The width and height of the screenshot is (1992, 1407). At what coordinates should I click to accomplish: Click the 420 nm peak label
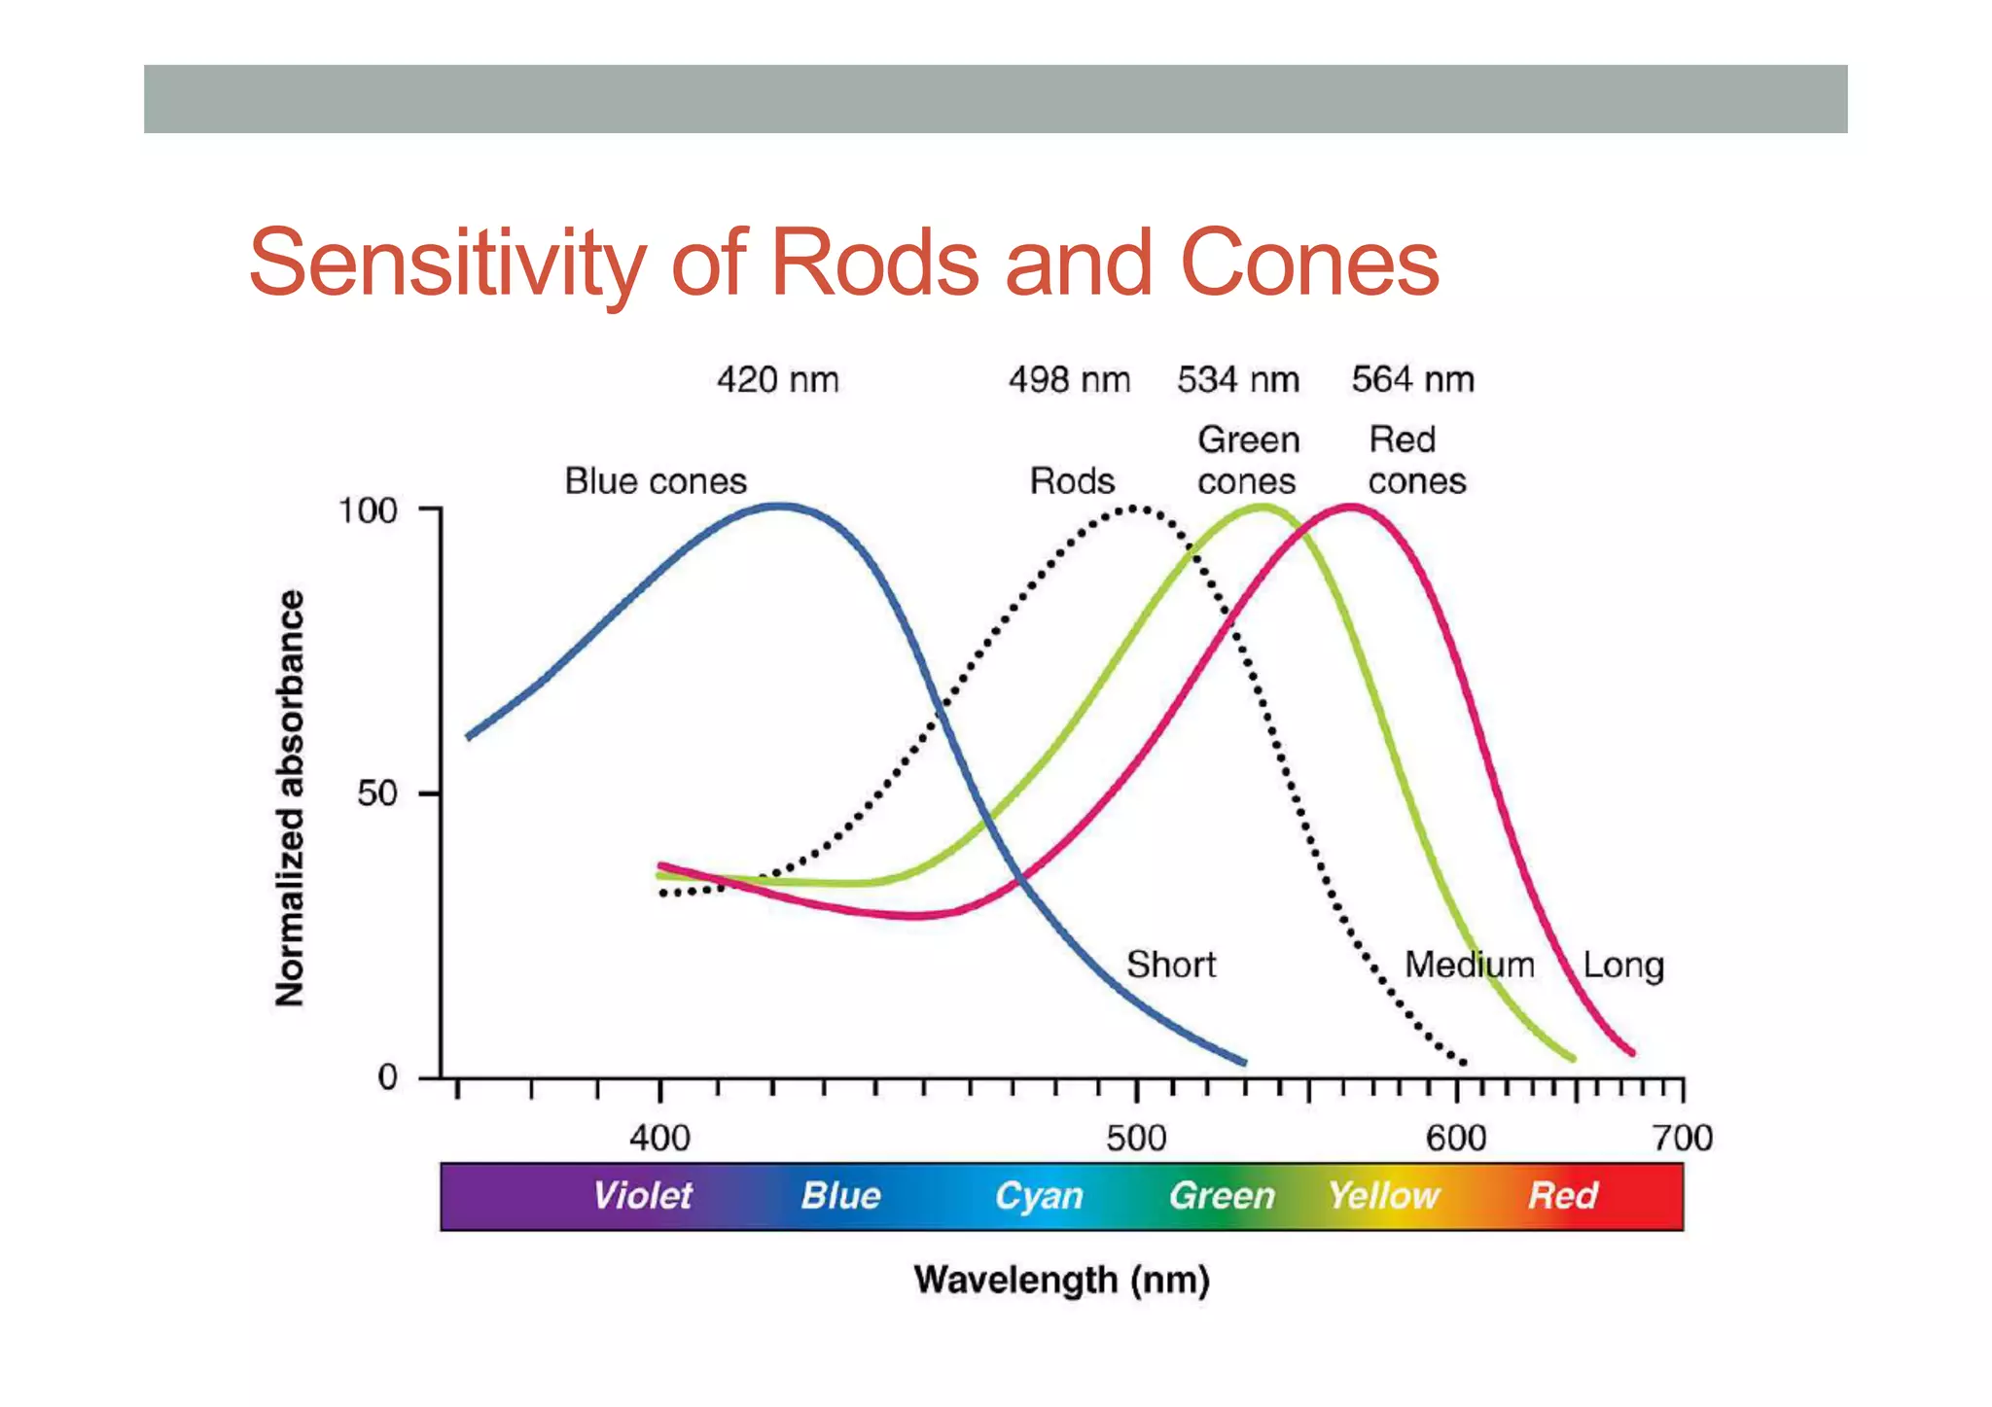pos(777,380)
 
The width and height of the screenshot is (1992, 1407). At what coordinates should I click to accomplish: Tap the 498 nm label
pos(1069,380)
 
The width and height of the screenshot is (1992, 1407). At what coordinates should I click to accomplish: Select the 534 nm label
pos(1237,380)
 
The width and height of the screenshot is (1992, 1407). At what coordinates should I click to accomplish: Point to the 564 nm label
pos(1412,380)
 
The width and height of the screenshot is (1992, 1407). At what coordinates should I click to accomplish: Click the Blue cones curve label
pos(656,481)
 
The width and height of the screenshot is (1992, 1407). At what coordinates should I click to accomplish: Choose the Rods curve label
pos(1072,481)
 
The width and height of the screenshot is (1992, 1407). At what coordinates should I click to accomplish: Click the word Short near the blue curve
pos(1171,965)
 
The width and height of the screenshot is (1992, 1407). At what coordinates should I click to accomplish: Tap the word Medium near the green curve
pos(1469,965)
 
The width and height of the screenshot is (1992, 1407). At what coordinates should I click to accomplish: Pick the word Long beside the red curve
pos(1622,966)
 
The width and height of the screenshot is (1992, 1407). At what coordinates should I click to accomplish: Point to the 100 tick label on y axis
pos(368,511)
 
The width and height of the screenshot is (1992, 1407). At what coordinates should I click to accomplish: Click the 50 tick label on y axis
pos(377,793)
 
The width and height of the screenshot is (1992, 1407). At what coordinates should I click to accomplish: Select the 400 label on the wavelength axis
pos(659,1138)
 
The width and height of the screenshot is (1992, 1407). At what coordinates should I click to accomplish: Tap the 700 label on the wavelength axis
pos(1682,1138)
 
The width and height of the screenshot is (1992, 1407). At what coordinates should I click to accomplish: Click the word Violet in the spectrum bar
pos(642,1195)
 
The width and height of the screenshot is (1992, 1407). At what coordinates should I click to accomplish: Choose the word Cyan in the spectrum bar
pos(1038,1196)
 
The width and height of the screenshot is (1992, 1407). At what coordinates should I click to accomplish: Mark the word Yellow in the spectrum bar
pos(1383,1195)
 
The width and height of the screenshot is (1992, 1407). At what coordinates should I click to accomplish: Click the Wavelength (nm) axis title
pos(1061,1280)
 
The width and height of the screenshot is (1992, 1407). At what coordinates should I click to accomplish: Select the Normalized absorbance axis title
pos(290,797)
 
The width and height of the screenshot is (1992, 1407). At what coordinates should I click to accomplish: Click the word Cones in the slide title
pos(1309,263)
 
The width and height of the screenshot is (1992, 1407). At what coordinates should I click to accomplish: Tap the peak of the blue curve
pos(781,506)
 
